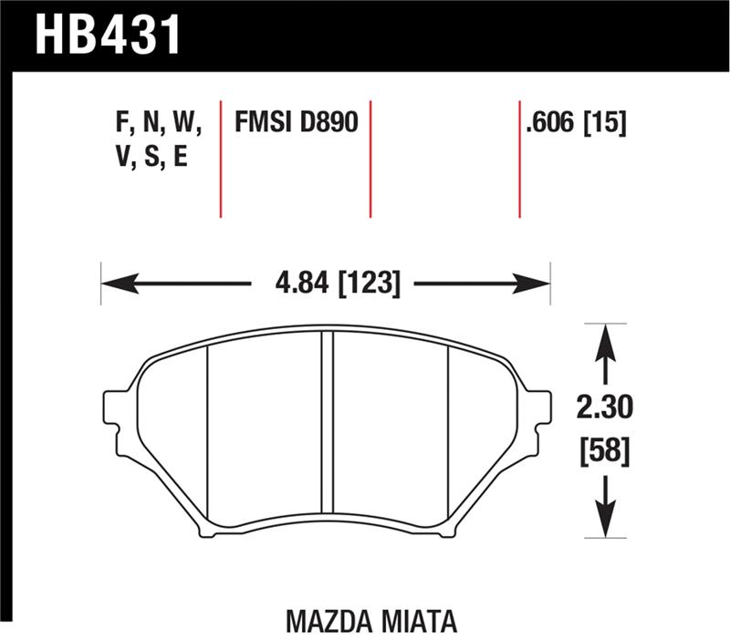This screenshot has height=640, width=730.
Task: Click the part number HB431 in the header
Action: pyautogui.click(x=109, y=35)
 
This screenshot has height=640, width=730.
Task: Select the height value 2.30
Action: pyautogui.click(x=601, y=404)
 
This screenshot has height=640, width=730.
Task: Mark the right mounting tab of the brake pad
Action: pyautogui.click(x=540, y=408)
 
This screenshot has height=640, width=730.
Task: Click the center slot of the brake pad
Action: pyautogui.click(x=327, y=428)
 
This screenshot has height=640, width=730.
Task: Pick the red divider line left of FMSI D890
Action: pyautogui.click(x=221, y=155)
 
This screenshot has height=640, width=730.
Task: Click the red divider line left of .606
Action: pyautogui.click(x=519, y=155)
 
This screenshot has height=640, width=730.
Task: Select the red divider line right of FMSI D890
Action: pyautogui.click(x=370, y=155)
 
